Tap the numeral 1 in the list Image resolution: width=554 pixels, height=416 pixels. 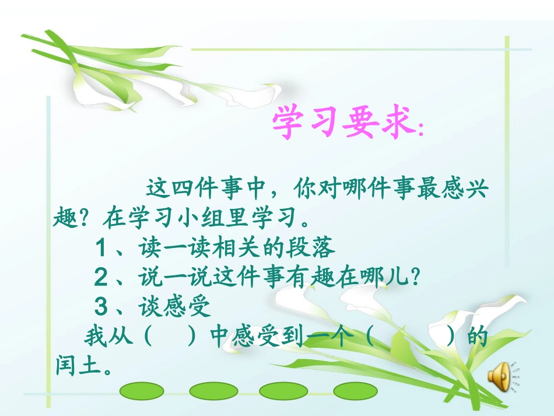[x=101, y=249]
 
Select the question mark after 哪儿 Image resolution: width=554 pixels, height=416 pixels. [x=415, y=277]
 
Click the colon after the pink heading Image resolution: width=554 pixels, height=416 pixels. [x=421, y=131]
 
